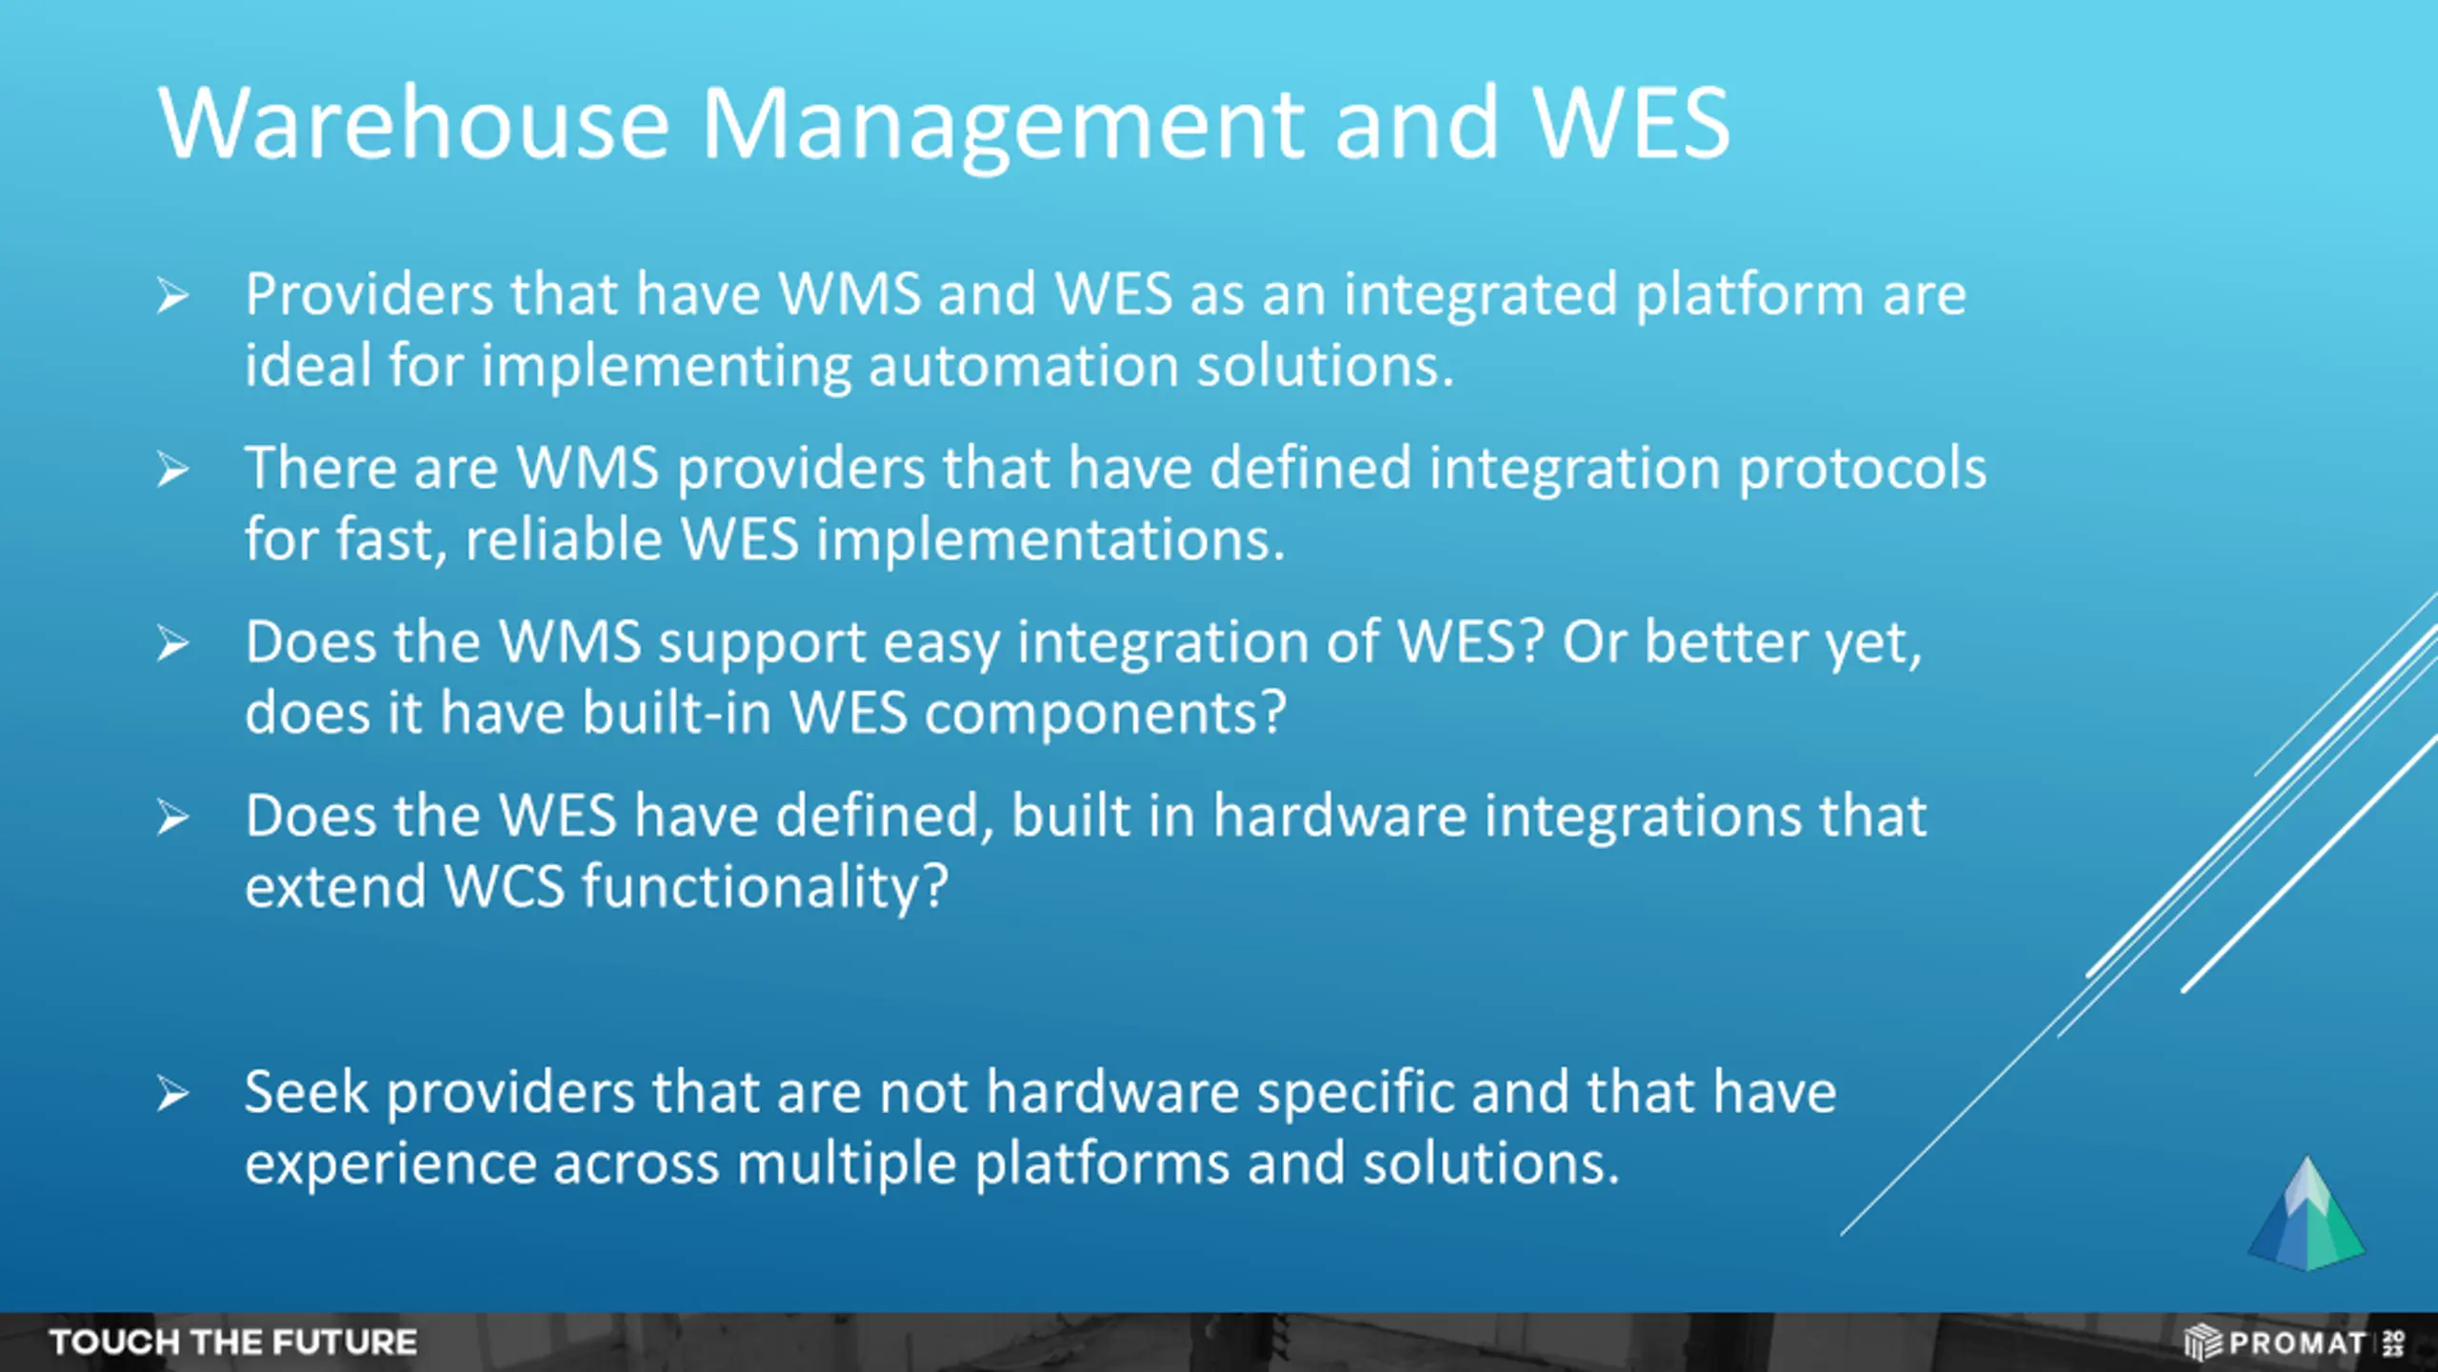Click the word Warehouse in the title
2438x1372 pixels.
click(414, 124)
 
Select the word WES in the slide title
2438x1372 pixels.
click(1631, 124)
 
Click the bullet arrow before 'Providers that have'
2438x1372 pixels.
click(173, 295)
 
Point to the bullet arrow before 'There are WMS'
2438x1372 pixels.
click(173, 470)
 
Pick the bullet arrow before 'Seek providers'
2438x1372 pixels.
click(173, 1093)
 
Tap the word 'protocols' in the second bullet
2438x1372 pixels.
click(1863, 469)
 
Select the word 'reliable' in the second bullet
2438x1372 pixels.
click(563, 540)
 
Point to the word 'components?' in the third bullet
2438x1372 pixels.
click(1105, 714)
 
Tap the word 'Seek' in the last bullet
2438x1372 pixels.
click(306, 1093)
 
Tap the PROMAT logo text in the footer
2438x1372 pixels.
click(2295, 1343)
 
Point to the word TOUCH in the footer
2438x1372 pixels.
click(114, 1342)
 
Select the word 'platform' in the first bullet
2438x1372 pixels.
click(1749, 295)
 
